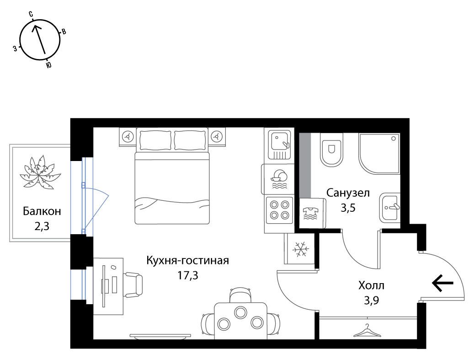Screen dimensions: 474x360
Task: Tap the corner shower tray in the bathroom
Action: point(379,154)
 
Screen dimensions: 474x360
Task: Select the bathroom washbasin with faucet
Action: point(390,207)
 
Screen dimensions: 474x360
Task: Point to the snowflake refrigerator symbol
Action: point(301,249)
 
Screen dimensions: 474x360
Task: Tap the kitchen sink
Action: point(279,145)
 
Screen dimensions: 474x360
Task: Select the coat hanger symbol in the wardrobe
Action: point(367,331)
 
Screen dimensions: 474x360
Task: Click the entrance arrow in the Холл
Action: point(443,283)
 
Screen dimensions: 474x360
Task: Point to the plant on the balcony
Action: point(40,173)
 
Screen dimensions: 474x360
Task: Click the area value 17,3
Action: point(188,275)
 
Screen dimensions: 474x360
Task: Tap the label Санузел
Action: point(348,193)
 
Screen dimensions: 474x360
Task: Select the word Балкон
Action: point(42,211)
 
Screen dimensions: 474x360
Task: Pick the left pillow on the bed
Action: point(156,140)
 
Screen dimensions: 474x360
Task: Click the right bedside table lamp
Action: point(217,137)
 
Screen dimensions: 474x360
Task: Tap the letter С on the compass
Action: point(31,14)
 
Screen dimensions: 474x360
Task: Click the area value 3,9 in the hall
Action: point(372,301)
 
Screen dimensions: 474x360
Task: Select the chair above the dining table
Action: point(240,295)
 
